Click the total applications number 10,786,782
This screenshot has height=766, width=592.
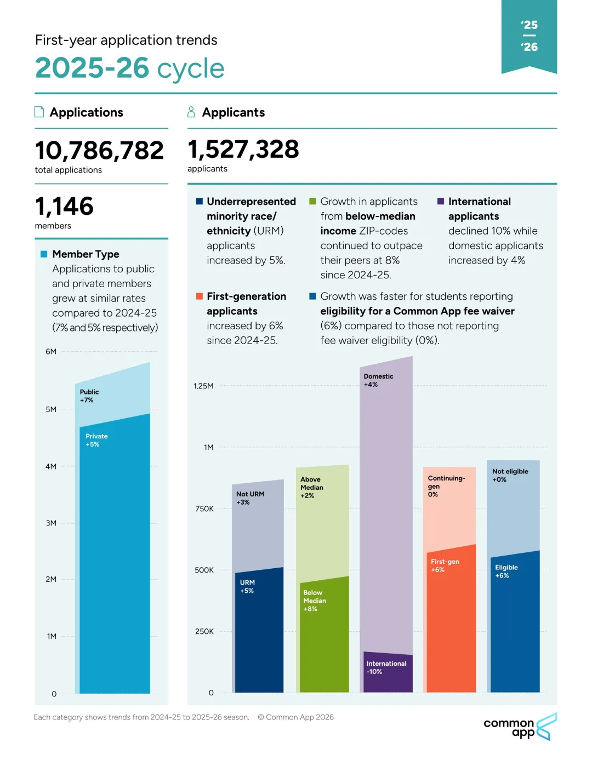[x=99, y=151]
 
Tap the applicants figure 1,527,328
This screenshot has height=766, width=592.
[x=243, y=149]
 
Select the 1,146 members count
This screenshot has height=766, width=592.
[x=64, y=206]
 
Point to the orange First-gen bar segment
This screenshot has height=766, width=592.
[x=451, y=619]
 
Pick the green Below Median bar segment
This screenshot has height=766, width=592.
[x=325, y=634]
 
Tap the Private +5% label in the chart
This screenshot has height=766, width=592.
[x=96, y=441]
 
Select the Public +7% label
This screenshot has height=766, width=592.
[x=89, y=396]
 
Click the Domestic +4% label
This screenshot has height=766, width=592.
[x=378, y=380]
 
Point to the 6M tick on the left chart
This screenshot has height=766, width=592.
[x=51, y=351]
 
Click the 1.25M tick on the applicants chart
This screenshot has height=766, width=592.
[x=203, y=386]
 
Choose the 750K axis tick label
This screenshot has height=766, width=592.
[x=204, y=508]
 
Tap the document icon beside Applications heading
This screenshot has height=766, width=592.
[x=39, y=112]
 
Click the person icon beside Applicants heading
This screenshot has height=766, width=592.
[x=191, y=112]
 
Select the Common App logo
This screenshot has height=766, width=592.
[x=520, y=727]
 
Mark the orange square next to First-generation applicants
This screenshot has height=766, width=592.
[x=200, y=296]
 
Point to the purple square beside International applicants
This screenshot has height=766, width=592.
[x=441, y=201]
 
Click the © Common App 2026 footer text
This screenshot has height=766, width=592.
[x=295, y=717]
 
